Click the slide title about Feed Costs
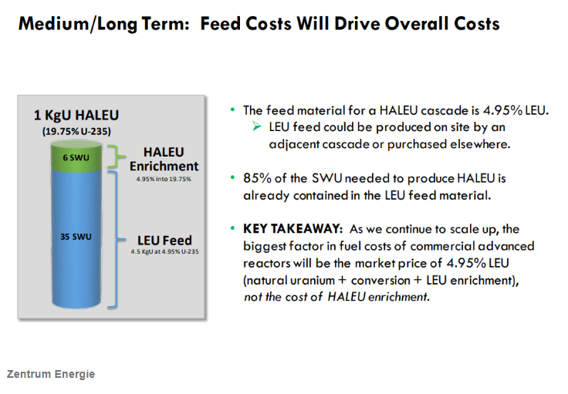tap(259, 23)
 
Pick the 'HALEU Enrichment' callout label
tap(164, 160)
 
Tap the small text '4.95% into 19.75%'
tap(164, 178)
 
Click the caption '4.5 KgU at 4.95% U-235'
tap(165, 253)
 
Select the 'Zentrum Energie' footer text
tap(51, 374)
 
